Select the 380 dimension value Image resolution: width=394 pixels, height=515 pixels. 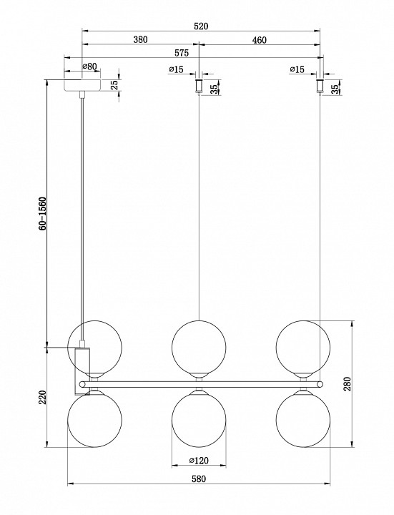click(x=140, y=40)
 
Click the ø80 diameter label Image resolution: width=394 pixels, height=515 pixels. click(x=89, y=67)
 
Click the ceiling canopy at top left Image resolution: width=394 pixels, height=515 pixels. click(x=84, y=84)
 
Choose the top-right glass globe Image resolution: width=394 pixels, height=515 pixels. click(x=303, y=347)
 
